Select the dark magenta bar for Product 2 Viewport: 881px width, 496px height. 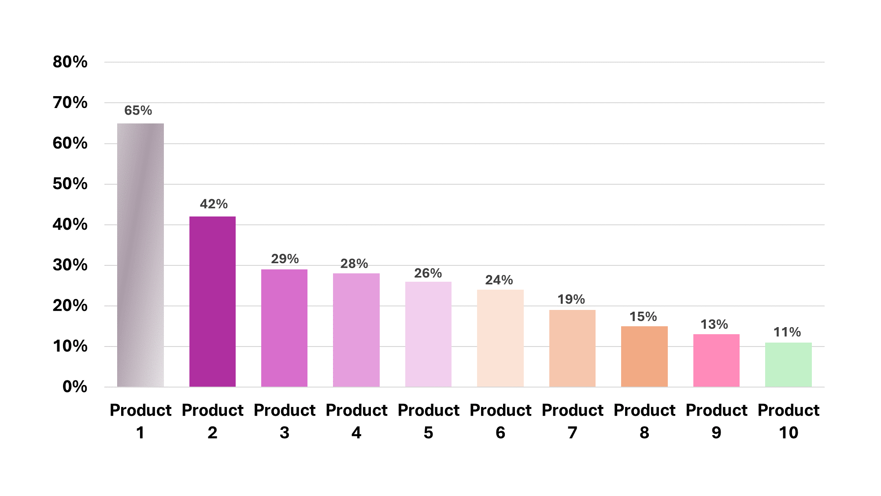tap(212, 302)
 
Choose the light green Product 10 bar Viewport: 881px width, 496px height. tap(788, 365)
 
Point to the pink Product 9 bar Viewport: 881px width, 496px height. tap(716, 360)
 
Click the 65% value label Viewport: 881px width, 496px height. tap(138, 110)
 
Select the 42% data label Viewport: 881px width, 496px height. tap(214, 204)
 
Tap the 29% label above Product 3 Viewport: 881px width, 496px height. tap(285, 258)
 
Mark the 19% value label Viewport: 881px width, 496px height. tap(571, 299)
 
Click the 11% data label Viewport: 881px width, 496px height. tap(787, 332)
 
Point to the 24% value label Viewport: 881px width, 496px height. tap(499, 280)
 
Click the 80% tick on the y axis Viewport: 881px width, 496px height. tap(70, 62)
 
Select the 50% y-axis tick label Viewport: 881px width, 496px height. tap(70, 184)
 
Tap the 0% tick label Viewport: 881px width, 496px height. tap(75, 387)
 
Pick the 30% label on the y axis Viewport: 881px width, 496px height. tap(70, 265)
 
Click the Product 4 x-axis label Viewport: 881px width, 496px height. tap(356, 421)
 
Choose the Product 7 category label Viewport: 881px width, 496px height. tap(572, 421)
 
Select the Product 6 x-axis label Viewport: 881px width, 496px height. tap(500, 421)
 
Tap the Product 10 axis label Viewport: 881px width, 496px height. tap(788, 421)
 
